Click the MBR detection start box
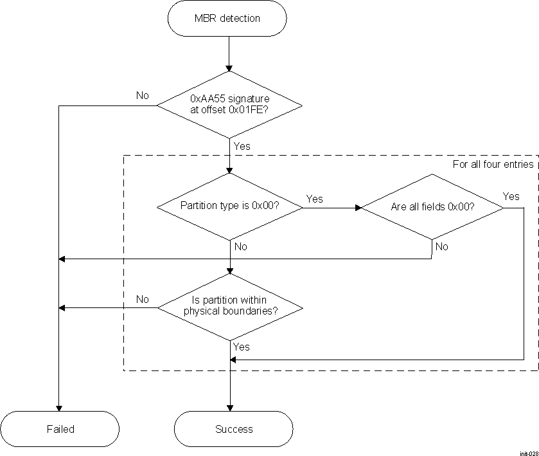pyautogui.click(x=227, y=18)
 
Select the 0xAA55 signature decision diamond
pyautogui.click(x=229, y=104)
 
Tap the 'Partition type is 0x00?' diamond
pyautogui.click(x=229, y=206)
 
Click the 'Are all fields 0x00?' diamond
pyautogui.click(x=432, y=206)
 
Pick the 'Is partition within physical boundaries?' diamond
pyautogui.click(x=229, y=306)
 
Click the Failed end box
pyautogui.click(x=60, y=429)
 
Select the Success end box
pyautogui.click(x=234, y=429)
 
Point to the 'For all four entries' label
pyautogui.click(x=493, y=164)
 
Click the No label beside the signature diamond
pyautogui.click(x=142, y=95)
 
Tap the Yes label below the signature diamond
pyautogui.click(x=242, y=146)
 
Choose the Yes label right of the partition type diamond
pyautogui.click(x=314, y=199)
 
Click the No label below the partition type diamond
pyautogui.click(x=241, y=246)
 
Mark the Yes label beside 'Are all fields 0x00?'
pyautogui.click(x=511, y=196)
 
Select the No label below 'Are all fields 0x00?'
pyautogui.click(x=441, y=246)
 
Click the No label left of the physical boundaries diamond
pyautogui.click(x=142, y=299)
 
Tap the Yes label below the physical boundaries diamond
pyautogui.click(x=242, y=347)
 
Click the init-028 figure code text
pyautogui.click(x=529, y=452)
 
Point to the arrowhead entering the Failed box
pyautogui.click(x=58, y=408)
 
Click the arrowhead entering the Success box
pyautogui.click(x=229, y=408)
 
